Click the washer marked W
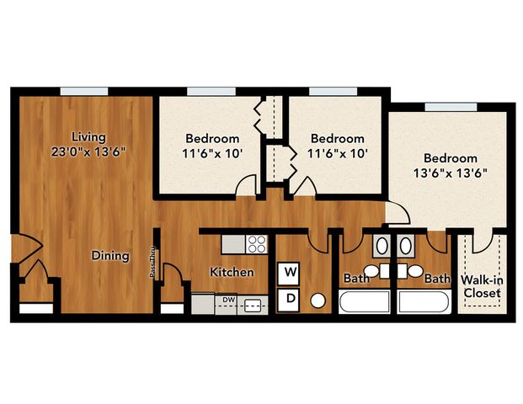pos(289,274)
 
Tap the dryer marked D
pos(289,300)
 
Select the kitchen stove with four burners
pos(257,244)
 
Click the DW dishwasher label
pos(229,300)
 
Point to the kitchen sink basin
pos(253,306)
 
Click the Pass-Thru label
pos(152,263)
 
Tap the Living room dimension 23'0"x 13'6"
pos(88,152)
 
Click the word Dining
pos(110,256)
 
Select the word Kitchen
pos(232,272)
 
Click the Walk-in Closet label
pos(483,287)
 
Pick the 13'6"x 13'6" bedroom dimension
pos(451,173)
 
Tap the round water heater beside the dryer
pos(318,300)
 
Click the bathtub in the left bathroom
pos(364,301)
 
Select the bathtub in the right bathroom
pos(424,301)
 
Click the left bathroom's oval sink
pos(382,246)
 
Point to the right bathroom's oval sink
pos(406,246)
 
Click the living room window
pos(84,92)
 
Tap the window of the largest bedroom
pos(451,107)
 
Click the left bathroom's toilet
pos(376,271)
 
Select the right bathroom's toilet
pos(410,271)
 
